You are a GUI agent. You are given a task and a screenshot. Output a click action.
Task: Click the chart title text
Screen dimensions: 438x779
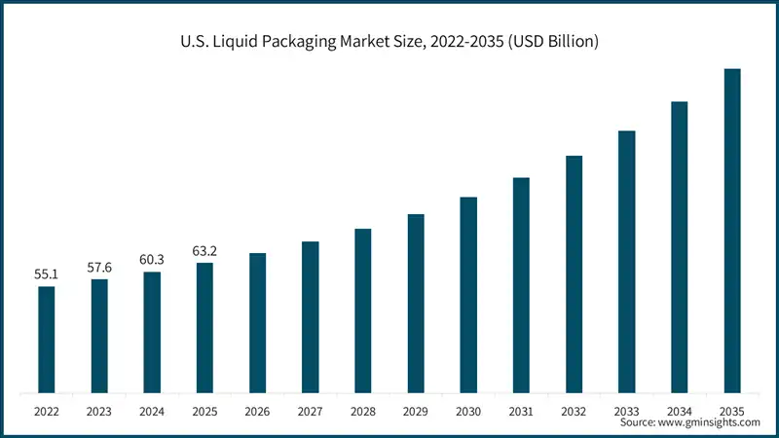pos(389,42)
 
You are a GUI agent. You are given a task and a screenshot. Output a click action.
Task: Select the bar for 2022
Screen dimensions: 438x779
pos(47,340)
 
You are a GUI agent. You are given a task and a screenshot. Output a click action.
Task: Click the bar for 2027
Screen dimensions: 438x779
pos(311,317)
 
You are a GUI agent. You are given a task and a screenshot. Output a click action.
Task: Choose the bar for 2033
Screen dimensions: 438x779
pos(627,262)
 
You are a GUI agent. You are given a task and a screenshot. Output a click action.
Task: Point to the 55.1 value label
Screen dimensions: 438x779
pos(47,274)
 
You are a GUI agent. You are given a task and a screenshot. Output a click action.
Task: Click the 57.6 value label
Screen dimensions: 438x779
pos(99,267)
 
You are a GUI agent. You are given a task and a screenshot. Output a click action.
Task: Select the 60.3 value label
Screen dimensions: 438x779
pos(152,259)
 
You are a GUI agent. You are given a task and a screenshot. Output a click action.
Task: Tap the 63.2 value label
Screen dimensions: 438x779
pos(204,251)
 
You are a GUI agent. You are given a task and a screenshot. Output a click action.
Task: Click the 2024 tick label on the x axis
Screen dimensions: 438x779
pos(152,412)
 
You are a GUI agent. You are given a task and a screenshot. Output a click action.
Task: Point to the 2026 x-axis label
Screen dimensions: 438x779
pos(258,412)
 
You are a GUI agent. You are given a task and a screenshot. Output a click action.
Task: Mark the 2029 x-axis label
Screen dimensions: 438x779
pos(416,412)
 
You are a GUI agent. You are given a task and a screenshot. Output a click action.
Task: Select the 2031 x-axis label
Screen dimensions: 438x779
pos(521,412)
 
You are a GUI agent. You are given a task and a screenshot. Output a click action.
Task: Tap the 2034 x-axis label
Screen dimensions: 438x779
pos(680,412)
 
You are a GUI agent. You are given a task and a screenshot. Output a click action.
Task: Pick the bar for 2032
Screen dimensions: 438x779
pos(575,274)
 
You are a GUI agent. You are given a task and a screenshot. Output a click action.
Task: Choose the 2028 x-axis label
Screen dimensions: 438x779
pos(363,412)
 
